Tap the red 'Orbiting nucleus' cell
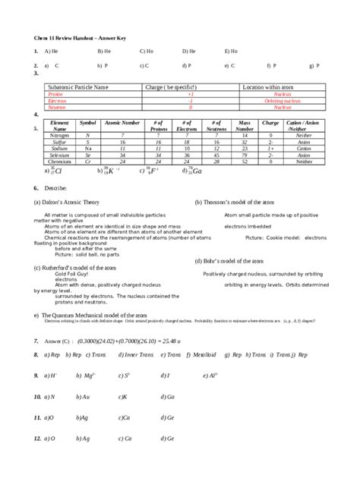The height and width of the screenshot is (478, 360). click(x=278, y=101)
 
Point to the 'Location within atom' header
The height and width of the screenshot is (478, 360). click(x=273, y=87)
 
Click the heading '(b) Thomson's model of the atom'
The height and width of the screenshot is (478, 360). click(x=235, y=203)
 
